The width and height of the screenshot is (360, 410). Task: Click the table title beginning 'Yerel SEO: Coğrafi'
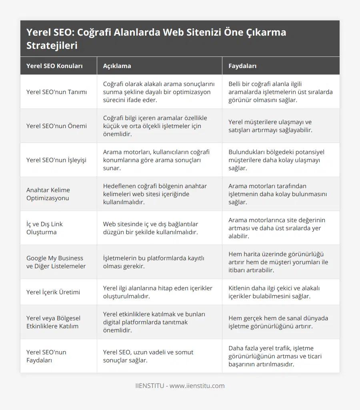156,39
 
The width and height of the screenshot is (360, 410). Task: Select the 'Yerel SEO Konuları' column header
54,66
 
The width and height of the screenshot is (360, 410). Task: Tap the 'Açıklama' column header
117,66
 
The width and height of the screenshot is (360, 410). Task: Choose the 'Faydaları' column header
242,66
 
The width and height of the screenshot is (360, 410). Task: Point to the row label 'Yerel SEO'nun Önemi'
56,126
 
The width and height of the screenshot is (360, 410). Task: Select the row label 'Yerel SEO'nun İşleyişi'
56,160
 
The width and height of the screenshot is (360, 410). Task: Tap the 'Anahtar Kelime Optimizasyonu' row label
48,194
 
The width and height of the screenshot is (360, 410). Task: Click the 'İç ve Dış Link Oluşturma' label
44,228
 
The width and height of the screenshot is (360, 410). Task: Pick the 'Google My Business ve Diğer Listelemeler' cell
56,262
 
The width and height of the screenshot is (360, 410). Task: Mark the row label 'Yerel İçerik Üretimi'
53,292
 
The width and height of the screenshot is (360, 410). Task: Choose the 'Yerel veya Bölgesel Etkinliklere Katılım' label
53,322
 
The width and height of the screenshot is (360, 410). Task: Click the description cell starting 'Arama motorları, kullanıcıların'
156,160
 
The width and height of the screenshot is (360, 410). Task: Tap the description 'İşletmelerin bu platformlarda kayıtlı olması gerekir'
153,262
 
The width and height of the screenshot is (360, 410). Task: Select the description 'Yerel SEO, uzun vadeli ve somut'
148,356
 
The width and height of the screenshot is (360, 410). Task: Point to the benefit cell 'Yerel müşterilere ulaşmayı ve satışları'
270,126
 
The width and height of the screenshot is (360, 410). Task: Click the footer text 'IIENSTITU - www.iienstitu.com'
180,386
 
